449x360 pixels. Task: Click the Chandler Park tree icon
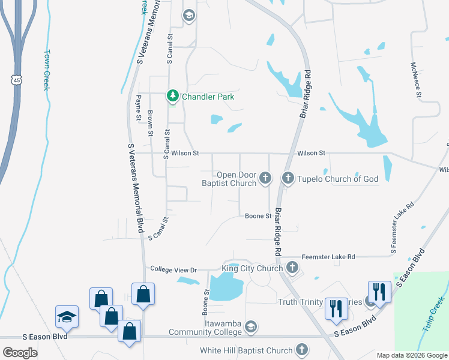coord(173,96)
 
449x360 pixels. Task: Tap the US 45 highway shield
coord(14,79)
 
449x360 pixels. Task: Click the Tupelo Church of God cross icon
coord(288,178)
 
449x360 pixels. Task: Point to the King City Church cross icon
coord(292,268)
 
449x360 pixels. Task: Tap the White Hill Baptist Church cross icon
coord(302,350)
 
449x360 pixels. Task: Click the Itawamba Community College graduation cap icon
coord(252,327)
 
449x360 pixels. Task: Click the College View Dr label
coord(173,269)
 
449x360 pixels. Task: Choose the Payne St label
coord(137,108)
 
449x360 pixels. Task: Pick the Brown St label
coord(151,124)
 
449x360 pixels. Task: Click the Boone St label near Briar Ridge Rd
coord(259,216)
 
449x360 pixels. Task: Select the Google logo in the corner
coord(20,352)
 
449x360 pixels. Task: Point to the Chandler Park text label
coord(208,97)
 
